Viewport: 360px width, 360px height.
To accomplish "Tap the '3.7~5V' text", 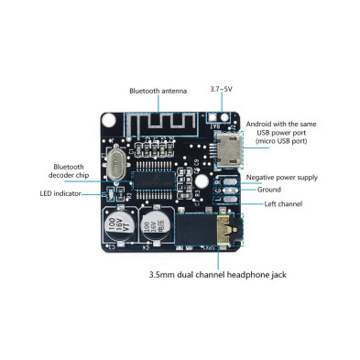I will (x=221, y=89).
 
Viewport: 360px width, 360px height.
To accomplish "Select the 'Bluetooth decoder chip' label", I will (x=69, y=172).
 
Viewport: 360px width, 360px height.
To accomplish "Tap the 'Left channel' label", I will (x=284, y=203).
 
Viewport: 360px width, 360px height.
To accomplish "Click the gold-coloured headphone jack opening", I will (x=224, y=229).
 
